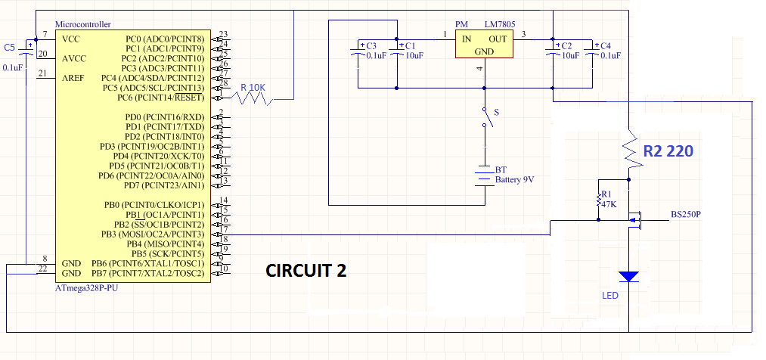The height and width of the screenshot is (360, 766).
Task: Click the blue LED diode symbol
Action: coord(629,277)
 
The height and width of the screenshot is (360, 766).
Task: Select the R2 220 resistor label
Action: coord(668,151)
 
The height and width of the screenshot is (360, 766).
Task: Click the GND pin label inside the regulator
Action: coord(484,52)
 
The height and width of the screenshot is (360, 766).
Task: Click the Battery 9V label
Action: coord(514,180)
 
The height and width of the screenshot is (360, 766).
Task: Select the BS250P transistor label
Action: coord(686,214)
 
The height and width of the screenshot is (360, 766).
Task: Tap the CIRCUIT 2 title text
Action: coord(305,271)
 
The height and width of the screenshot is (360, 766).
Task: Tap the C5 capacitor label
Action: coord(9,48)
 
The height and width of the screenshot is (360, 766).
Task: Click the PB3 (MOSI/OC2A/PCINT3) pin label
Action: coord(154,234)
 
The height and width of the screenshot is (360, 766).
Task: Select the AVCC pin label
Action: coord(74,58)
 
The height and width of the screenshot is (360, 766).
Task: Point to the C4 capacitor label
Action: coord(605,45)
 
